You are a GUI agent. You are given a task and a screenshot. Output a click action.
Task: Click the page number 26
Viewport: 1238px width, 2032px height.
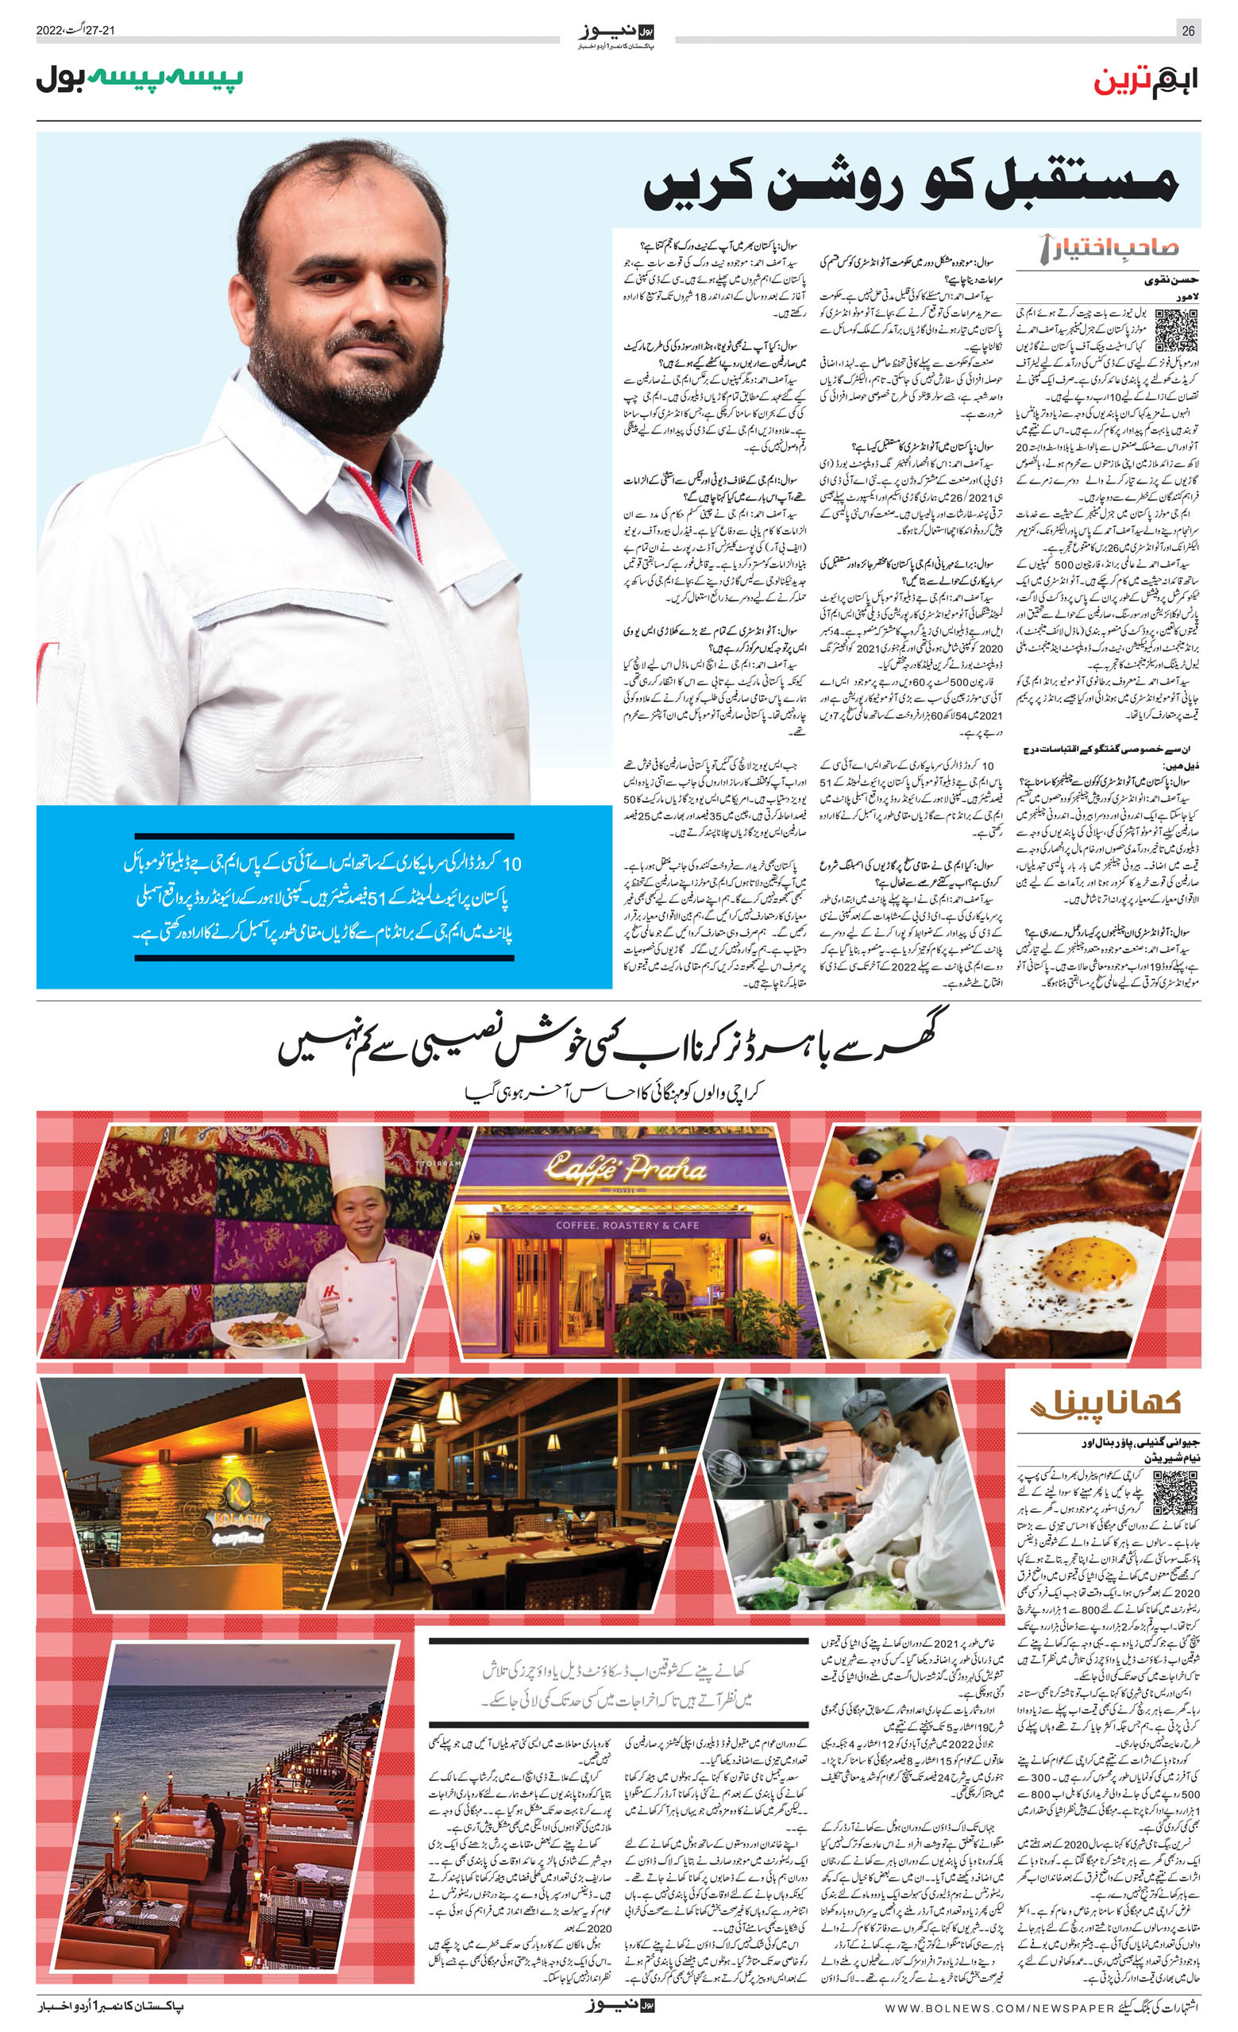(1188, 31)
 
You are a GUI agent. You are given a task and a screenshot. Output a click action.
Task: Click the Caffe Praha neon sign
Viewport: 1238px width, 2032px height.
(625, 1168)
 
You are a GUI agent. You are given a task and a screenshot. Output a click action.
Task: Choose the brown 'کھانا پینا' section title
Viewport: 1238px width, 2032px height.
(1106, 1402)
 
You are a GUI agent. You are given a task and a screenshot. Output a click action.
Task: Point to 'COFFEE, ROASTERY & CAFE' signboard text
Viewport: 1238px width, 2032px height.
(627, 1225)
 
